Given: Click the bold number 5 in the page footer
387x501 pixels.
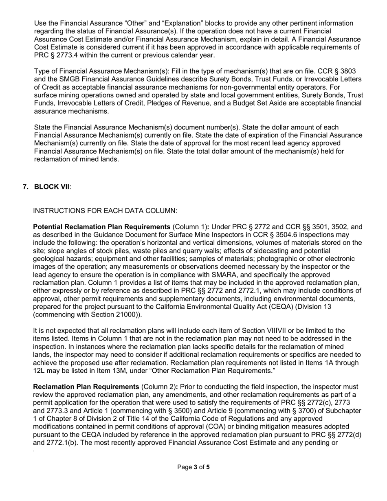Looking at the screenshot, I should [x=208, y=467].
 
